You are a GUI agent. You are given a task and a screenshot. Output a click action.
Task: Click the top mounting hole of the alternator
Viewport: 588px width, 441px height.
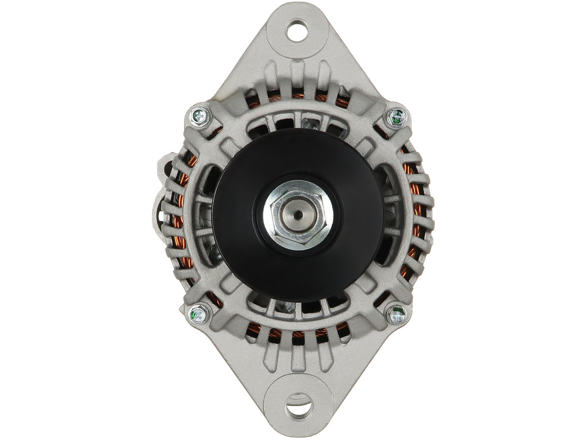297,30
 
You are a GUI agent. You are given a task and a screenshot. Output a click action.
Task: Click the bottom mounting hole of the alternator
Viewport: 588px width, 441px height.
299,406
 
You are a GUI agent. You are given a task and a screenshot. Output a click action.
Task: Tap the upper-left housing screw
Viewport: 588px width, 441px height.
199,115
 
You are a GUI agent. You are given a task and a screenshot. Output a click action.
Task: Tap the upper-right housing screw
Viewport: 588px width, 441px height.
397,117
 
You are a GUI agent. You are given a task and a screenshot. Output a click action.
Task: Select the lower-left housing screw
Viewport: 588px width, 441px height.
198,314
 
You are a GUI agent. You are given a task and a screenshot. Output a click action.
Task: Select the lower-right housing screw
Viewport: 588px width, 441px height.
397,314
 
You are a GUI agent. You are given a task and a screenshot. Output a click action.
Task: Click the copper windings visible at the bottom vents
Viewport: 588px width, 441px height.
298,334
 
